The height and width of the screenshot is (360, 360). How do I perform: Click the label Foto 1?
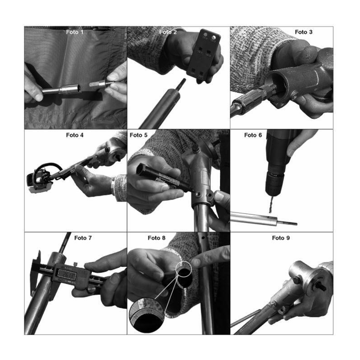click(75, 32)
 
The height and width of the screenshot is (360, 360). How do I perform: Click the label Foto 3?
click(303, 32)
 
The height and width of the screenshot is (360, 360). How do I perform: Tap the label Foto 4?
click(75, 135)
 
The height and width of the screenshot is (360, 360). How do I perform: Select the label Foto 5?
click(139, 135)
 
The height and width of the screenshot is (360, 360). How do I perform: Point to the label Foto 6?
click(253, 135)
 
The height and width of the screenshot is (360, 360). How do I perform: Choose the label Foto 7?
click(83, 238)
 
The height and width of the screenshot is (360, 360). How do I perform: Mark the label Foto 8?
click(157, 238)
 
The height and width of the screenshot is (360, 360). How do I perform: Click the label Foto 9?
click(281, 238)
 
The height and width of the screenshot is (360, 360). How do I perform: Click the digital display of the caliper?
click(67, 274)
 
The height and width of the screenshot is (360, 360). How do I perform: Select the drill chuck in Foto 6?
click(274, 183)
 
